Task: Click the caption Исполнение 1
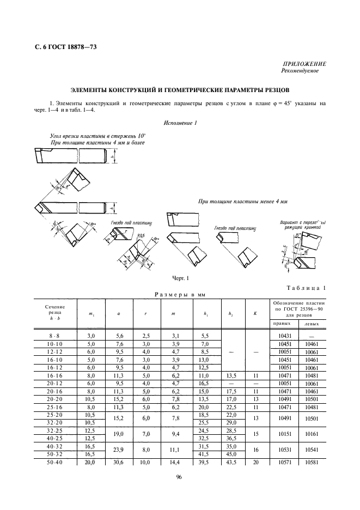[x=180, y=123]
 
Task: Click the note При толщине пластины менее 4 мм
[x=242, y=202]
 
